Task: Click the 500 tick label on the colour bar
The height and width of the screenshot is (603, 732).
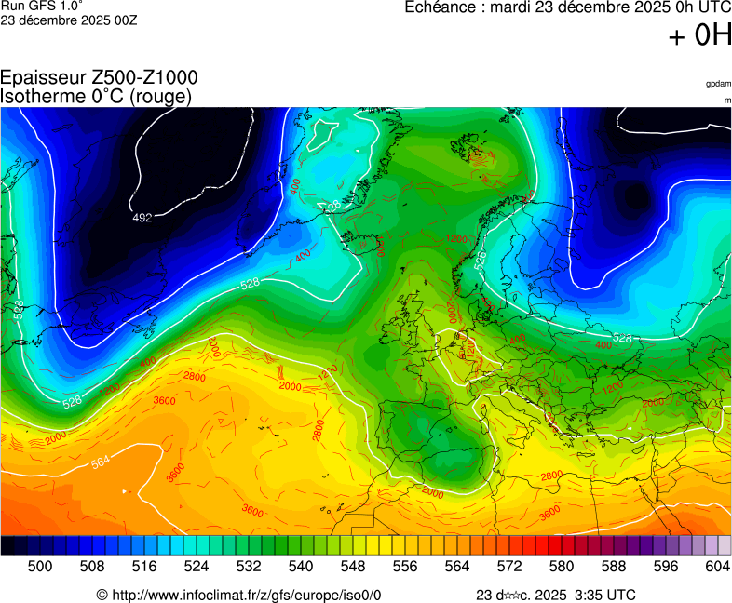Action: [39, 565]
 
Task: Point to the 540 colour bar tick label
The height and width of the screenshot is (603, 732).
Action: [300, 565]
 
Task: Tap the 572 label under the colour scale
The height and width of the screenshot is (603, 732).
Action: [508, 565]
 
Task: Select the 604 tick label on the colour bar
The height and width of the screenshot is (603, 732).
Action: [717, 565]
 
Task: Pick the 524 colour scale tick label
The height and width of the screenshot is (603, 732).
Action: [196, 565]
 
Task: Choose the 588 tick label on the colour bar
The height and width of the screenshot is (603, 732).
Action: [613, 565]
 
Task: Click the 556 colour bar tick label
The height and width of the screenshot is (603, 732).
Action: [404, 565]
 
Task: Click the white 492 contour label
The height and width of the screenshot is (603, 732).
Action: [142, 218]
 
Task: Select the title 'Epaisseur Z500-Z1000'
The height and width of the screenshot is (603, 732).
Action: [99, 78]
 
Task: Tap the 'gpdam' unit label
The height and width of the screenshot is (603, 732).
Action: [718, 84]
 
